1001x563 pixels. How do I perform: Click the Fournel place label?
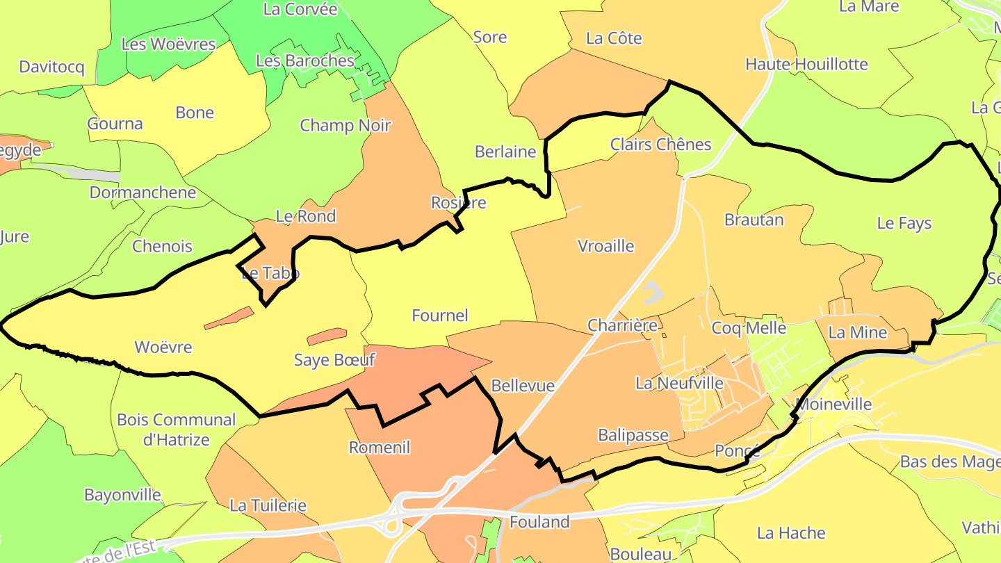(440, 316)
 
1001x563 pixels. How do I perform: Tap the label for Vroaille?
(606, 246)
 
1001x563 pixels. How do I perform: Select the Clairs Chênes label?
(660, 145)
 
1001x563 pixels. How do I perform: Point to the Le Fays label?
(904, 223)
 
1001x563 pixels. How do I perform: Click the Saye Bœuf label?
(334, 360)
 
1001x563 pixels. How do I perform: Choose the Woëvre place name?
(163, 347)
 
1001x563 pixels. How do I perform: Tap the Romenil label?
(380, 448)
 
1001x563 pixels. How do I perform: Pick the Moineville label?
(833, 404)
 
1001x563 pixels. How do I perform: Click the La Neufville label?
(679, 383)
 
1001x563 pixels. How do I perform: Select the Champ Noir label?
(345, 126)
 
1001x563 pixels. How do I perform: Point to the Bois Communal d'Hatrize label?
(177, 430)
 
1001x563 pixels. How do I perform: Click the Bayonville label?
(122, 496)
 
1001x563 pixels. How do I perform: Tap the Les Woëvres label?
(168, 44)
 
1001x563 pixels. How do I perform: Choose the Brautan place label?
(754, 220)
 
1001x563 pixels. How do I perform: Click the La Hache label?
(791, 533)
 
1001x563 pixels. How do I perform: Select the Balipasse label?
(633, 436)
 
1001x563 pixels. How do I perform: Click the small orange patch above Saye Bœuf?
(326, 336)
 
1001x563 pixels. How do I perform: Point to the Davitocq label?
(51, 67)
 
